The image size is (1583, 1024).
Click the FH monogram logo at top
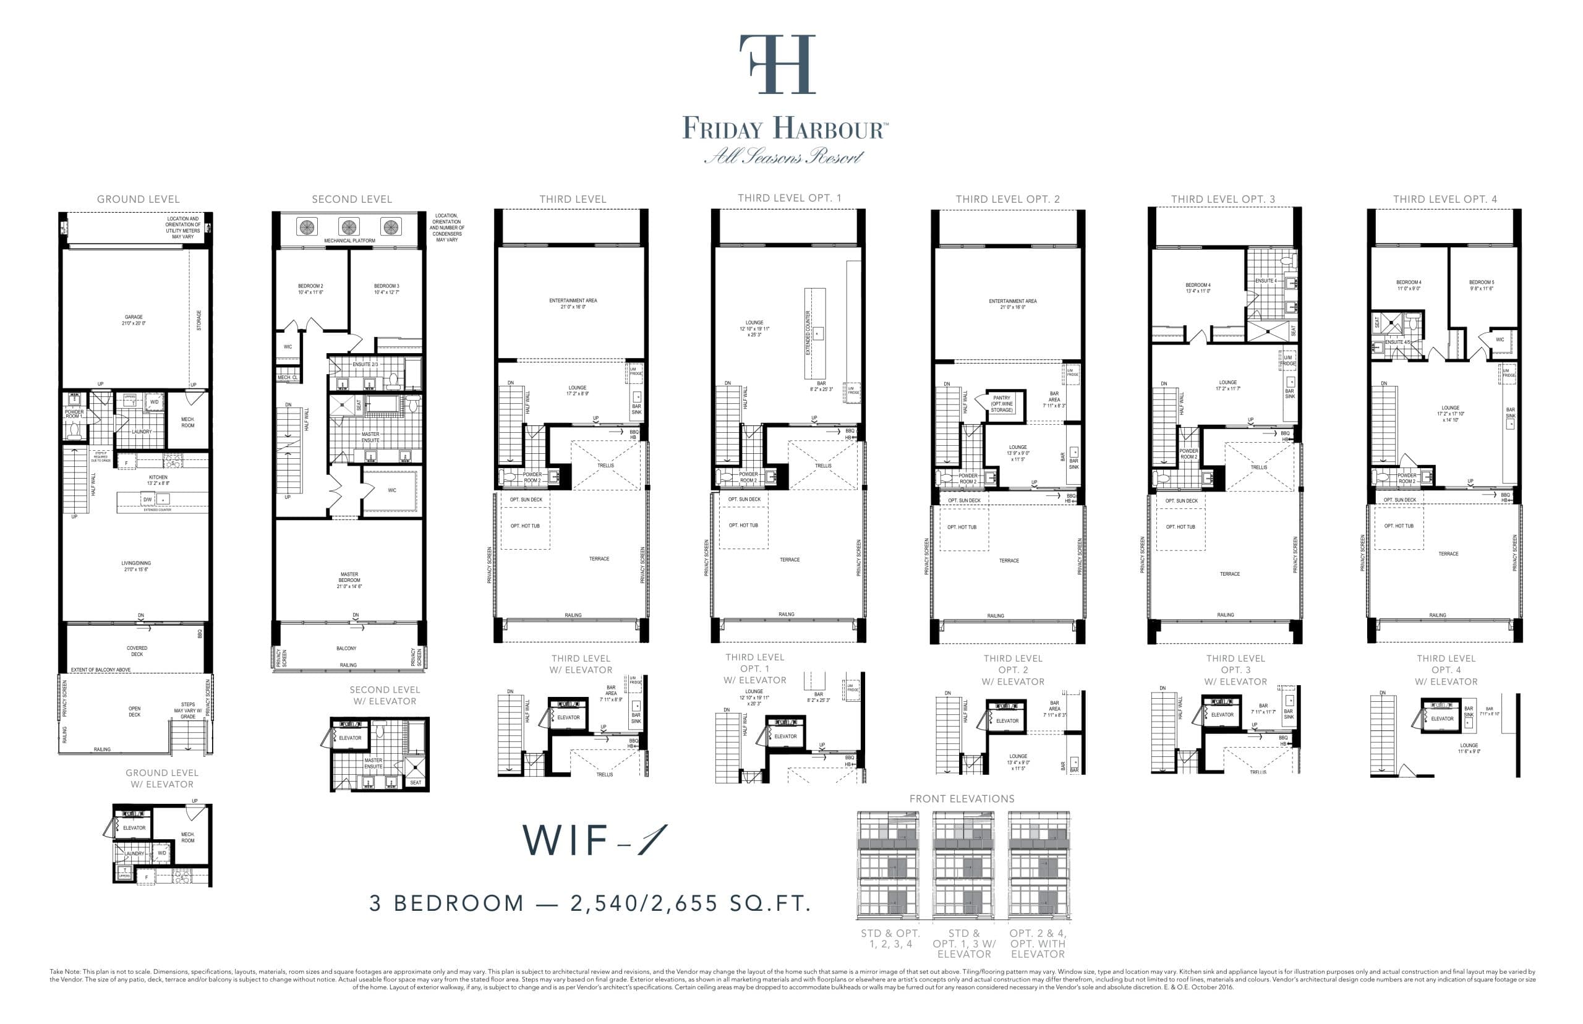click(x=777, y=64)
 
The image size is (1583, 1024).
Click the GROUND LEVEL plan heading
click(x=139, y=199)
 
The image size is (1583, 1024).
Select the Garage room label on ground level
click(x=134, y=320)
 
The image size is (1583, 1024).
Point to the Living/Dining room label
click(x=135, y=566)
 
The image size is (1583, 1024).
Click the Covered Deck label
click(x=137, y=651)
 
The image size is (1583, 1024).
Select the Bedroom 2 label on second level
click(x=310, y=289)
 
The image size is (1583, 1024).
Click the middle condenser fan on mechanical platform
click(x=348, y=226)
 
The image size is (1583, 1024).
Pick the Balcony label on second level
click(x=346, y=647)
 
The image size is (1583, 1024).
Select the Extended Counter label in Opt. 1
click(x=808, y=333)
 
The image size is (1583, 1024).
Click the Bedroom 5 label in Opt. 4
click(x=1481, y=284)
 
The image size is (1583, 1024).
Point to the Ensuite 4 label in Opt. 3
click(x=1265, y=281)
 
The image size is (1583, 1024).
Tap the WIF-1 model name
click(x=593, y=840)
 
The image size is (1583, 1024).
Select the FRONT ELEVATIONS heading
click(x=962, y=798)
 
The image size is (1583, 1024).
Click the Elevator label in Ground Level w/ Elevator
click(x=134, y=828)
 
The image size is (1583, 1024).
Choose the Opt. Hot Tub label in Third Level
click(x=525, y=526)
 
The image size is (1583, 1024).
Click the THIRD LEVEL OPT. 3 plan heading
click(x=1222, y=199)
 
